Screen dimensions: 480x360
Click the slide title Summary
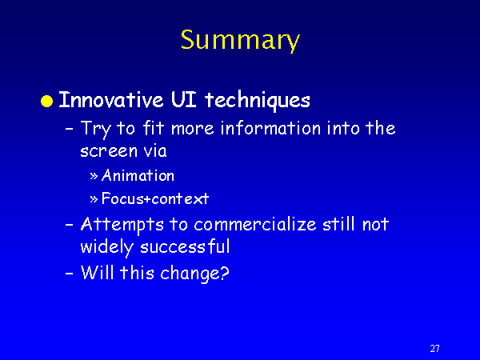[x=240, y=41]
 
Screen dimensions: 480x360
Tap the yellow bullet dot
[x=47, y=101]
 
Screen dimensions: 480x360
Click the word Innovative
[x=111, y=99]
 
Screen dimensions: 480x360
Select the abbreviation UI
[x=184, y=99]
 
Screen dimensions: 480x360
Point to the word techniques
[x=258, y=101]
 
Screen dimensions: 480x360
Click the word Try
[x=95, y=129]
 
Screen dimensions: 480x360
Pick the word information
[x=270, y=128]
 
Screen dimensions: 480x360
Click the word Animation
[x=138, y=175]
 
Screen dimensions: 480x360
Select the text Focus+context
[x=155, y=198]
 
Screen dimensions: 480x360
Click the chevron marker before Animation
[x=94, y=176]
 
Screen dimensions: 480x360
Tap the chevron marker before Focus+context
[x=94, y=199]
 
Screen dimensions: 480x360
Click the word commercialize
[x=255, y=224]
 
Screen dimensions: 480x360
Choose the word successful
[x=185, y=246]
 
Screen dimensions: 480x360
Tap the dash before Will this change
[x=70, y=273]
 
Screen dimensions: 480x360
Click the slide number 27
[x=434, y=348]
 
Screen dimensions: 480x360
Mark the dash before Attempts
[x=70, y=225]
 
